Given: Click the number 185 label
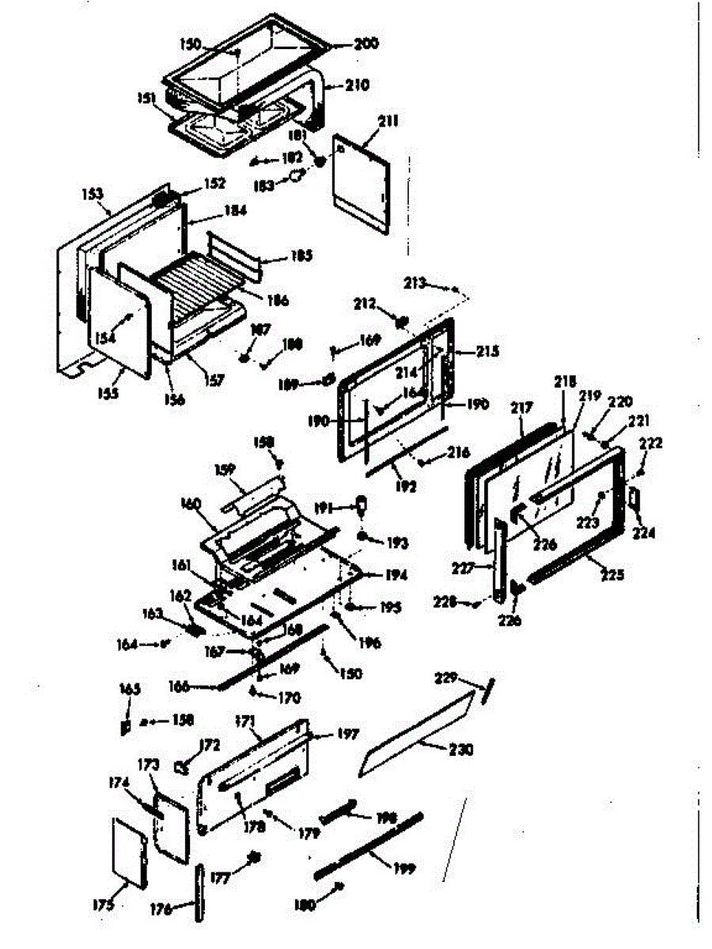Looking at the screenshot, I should click(x=278, y=255).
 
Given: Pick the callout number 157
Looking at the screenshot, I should click(x=213, y=380).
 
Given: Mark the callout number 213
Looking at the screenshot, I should click(x=415, y=282).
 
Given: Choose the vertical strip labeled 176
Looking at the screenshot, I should click(x=198, y=892).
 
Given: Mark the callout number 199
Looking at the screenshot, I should click(x=403, y=867).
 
